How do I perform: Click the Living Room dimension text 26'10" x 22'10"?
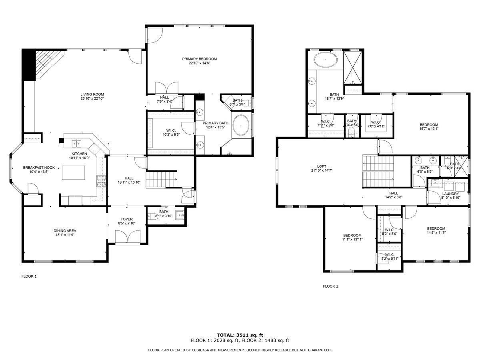coord(92,98)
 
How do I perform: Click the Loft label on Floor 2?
coord(322,166)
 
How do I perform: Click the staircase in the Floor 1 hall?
coord(161,179)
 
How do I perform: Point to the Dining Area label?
coord(65,231)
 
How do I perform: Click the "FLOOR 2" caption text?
coord(330,286)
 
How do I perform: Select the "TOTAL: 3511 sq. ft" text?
coord(240,335)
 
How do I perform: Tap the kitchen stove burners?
coord(100,182)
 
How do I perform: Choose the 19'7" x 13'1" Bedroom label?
coord(428,125)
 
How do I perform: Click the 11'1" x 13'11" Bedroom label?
coord(352,235)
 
